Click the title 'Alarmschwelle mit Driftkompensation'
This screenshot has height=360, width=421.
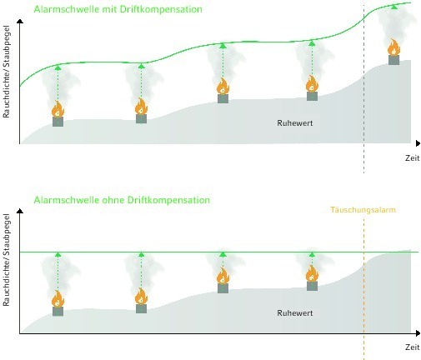tap(118, 9)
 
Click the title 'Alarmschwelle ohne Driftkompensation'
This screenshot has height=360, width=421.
tap(122, 200)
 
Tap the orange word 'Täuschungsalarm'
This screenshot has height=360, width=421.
tap(363, 210)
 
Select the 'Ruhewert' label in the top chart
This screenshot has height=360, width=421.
tap(295, 123)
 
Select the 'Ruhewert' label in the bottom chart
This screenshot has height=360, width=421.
tap(295, 313)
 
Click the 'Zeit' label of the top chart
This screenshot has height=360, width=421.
tap(413, 158)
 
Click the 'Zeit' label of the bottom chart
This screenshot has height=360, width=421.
tap(413, 347)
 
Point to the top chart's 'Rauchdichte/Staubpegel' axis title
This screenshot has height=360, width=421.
tap(6, 72)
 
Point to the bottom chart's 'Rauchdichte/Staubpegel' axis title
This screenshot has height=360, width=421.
tap(6, 260)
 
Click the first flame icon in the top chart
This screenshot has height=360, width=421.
tap(58, 109)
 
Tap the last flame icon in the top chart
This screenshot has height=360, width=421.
tap(393, 47)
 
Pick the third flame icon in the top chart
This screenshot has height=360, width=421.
tap(223, 87)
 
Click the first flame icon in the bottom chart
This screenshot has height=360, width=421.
tap(58, 298)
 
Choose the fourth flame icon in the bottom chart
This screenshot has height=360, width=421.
tap(312, 273)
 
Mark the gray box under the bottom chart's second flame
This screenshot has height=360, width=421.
tap(141, 308)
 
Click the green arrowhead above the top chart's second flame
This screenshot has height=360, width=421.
tap(141, 67)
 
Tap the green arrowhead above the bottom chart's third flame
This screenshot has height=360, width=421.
tap(223, 254)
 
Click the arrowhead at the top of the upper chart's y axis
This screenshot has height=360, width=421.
tap(20, 21)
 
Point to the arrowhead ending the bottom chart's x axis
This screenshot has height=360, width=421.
tap(418, 333)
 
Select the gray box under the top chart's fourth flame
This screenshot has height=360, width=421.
tap(312, 96)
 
